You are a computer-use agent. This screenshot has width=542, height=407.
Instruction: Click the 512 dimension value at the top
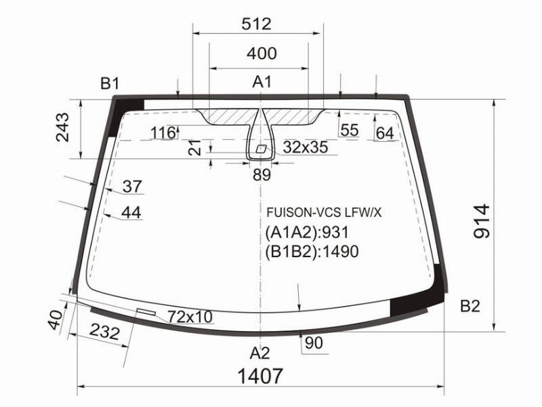pyautogui.click(x=257, y=24)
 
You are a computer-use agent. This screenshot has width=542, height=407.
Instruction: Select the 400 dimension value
pyautogui.click(x=262, y=54)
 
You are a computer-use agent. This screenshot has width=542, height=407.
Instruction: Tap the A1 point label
pyautogui.click(x=262, y=82)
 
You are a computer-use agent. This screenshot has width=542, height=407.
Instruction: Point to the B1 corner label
pyautogui.click(x=110, y=83)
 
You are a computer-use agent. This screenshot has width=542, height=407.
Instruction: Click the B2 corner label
pyautogui.click(x=470, y=307)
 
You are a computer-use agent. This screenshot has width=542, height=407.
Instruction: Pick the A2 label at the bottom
pyautogui.click(x=259, y=353)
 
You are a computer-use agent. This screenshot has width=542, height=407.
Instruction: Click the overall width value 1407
pyautogui.click(x=260, y=376)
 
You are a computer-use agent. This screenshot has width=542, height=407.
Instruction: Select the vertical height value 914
pyautogui.click(x=482, y=222)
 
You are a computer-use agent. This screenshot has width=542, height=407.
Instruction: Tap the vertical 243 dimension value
pyautogui.click(x=62, y=128)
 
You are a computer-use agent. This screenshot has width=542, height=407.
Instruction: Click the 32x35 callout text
pyautogui.click(x=306, y=147)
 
